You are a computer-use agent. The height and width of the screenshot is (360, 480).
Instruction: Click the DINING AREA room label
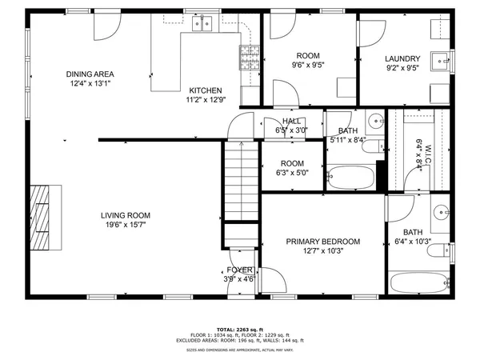pyautogui.click(x=90, y=74)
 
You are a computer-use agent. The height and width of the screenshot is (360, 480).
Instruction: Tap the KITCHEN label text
pyautogui.click(x=205, y=90)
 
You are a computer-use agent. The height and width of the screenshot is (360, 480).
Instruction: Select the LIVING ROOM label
pyautogui.click(x=126, y=215)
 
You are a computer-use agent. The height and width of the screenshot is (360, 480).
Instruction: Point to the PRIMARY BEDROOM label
pyautogui.click(x=323, y=242)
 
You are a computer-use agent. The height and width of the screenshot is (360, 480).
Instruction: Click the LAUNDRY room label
pyautogui.click(x=402, y=59)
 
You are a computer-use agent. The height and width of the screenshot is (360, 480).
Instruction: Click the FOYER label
pyautogui.click(x=239, y=270)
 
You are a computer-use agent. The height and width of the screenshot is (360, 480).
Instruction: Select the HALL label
pyautogui.click(x=291, y=121)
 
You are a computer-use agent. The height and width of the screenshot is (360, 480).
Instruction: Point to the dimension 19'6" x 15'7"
pyautogui.click(x=126, y=226)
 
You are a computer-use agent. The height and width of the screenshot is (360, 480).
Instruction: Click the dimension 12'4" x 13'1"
pyautogui.click(x=90, y=84)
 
